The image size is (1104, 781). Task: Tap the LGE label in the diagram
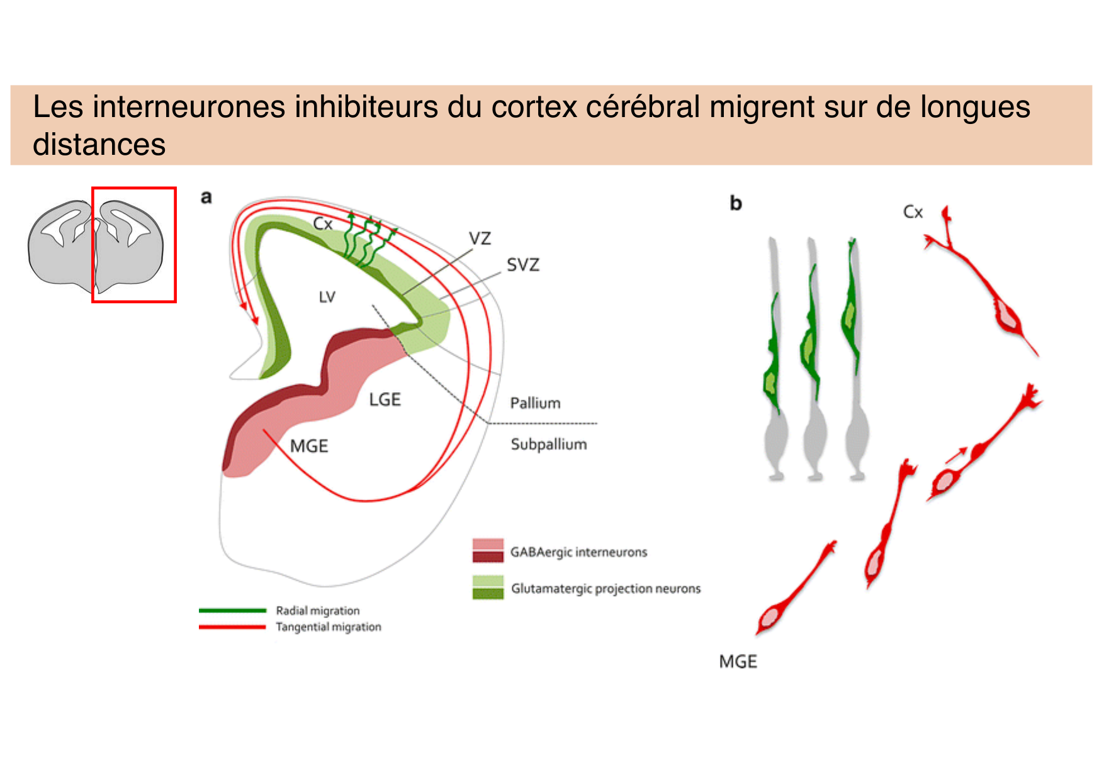[385, 400]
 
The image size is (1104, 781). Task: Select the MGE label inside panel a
[309, 446]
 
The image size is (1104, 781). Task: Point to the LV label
[327, 297]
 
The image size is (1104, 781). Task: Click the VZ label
[480, 239]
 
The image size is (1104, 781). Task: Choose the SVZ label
[523, 265]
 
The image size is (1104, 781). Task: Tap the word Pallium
[535, 403]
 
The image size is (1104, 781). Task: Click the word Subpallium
[549, 444]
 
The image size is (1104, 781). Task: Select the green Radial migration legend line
[232, 610]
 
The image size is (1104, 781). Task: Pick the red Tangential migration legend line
[232, 627]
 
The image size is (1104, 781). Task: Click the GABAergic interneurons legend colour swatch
[488, 550]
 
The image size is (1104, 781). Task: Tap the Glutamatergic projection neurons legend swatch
[488, 587]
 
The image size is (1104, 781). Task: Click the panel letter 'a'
[206, 198]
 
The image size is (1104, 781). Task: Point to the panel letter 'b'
[735, 203]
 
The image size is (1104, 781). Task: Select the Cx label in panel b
[913, 212]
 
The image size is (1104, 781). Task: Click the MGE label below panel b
[738, 662]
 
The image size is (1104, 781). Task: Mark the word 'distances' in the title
[99, 145]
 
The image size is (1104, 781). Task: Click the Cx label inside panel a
[322, 224]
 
